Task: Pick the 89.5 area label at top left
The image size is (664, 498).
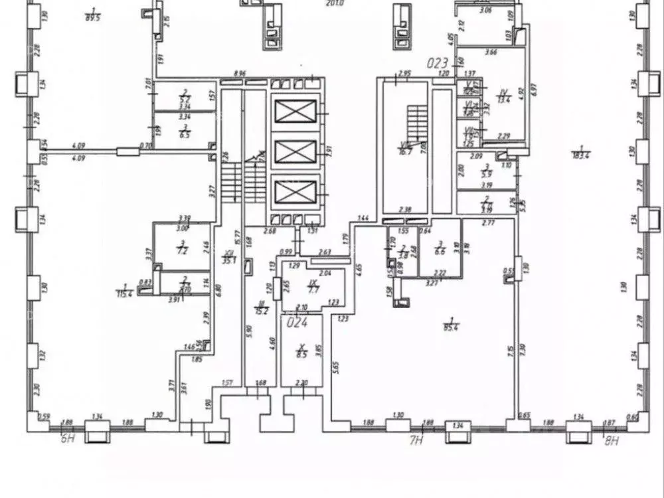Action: click(x=92, y=17)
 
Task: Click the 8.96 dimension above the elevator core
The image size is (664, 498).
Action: click(x=240, y=74)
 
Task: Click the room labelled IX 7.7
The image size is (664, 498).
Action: click(x=313, y=287)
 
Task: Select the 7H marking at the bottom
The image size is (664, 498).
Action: click(x=416, y=440)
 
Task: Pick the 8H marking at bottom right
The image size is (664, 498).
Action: click(x=612, y=439)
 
